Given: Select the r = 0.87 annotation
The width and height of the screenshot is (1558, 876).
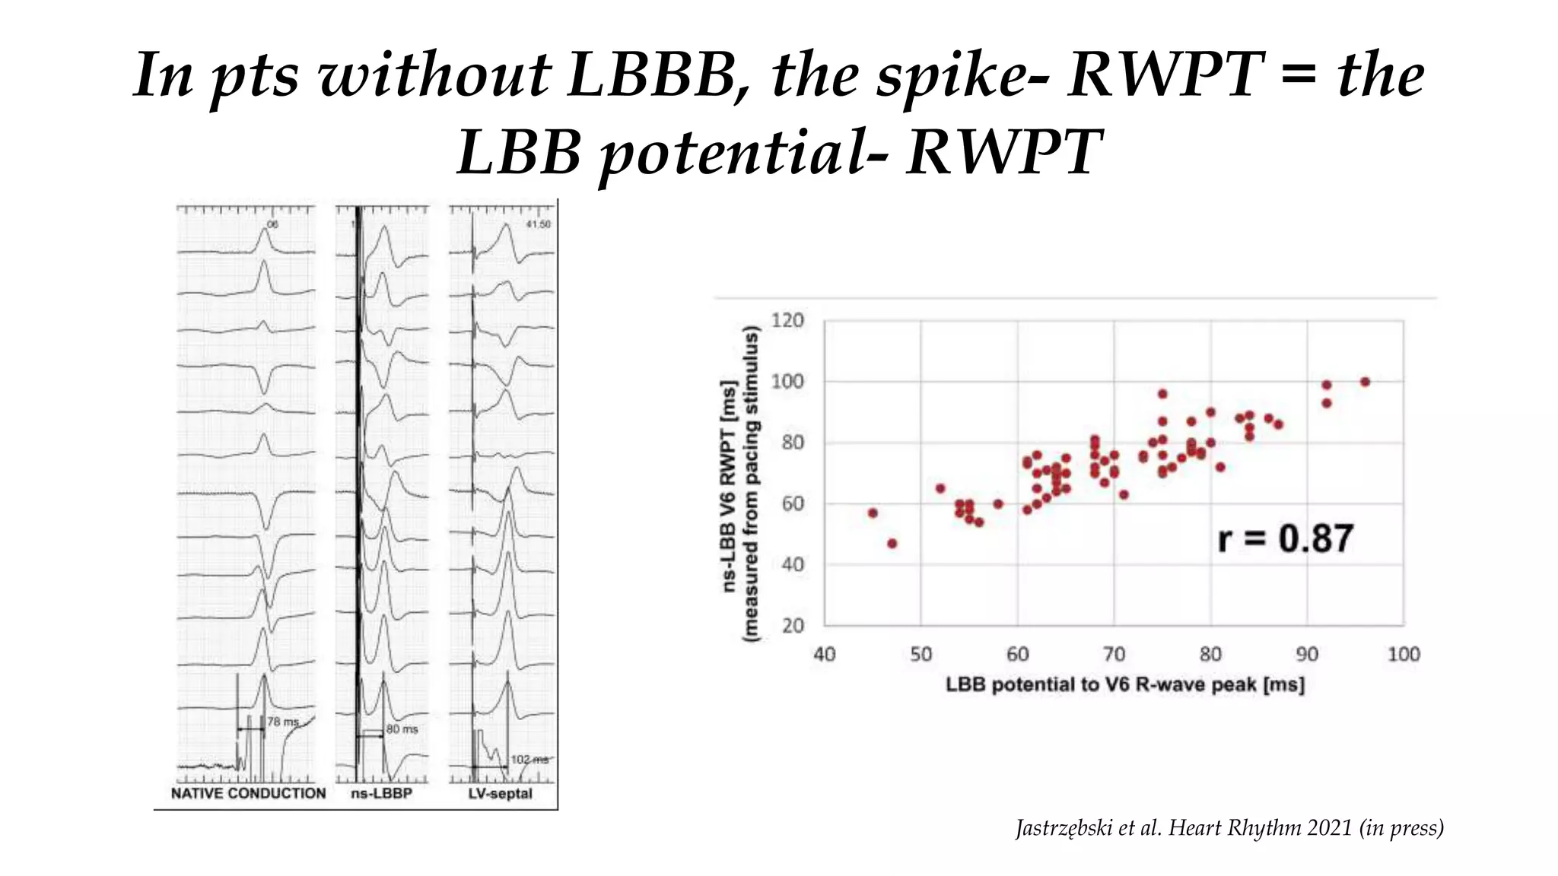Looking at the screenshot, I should tap(1285, 538).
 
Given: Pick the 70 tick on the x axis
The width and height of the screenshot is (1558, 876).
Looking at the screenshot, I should tap(1114, 655).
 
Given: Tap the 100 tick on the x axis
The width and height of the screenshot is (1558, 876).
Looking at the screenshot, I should tap(1403, 655).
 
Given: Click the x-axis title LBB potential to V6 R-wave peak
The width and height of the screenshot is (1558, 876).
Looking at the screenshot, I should tap(1124, 685).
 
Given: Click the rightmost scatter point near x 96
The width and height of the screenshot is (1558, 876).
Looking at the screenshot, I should tap(1365, 382).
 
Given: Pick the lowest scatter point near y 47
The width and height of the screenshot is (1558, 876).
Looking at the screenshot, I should tap(892, 544).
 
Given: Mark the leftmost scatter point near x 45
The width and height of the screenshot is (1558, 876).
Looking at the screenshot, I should tap(873, 513).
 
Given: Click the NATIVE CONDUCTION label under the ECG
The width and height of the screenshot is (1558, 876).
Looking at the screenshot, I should tap(248, 794).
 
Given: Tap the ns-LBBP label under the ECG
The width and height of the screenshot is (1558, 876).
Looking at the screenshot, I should tap(381, 794).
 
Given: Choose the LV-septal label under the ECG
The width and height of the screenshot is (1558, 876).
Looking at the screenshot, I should tap(500, 794).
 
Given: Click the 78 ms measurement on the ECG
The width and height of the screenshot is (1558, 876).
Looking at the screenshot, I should tap(283, 722).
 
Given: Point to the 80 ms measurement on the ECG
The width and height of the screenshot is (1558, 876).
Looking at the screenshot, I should tap(402, 729).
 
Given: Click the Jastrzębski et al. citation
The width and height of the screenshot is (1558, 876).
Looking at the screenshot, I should tap(1229, 827).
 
